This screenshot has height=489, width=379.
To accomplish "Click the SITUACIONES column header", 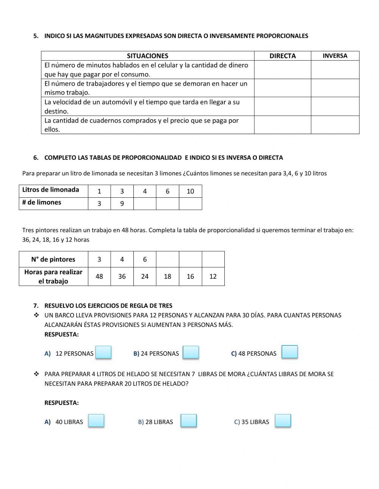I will click(147, 56).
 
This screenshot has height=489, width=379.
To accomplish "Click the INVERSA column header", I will click(335, 56).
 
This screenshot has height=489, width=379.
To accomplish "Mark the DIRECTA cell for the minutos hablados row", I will click(282, 70).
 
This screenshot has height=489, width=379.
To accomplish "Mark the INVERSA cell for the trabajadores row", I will click(335, 88).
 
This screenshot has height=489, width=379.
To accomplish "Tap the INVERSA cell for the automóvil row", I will click(335, 106).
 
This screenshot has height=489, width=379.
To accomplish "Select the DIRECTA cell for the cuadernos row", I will click(282, 125).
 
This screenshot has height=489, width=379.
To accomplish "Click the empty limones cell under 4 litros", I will click(145, 203).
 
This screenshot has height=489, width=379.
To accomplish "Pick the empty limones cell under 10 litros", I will click(190, 203).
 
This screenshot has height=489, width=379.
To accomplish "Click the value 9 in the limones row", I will click(122, 203).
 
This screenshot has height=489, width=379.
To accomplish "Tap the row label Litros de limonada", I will click(51, 190).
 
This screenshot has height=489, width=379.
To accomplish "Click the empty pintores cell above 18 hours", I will click(168, 259).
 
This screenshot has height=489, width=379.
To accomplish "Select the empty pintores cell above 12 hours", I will click(213, 259).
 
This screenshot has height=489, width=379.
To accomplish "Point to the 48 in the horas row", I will click(99, 277).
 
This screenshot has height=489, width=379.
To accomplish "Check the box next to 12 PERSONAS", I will click(103, 352).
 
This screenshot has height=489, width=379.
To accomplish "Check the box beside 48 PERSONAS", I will click(290, 352).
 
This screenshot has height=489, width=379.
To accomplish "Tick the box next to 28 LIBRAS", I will click(188, 421).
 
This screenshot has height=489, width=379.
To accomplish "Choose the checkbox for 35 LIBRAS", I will click(283, 421).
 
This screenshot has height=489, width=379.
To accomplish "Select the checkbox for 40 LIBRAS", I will click(96, 421).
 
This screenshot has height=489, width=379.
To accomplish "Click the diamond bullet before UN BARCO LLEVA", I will click(36, 315).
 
